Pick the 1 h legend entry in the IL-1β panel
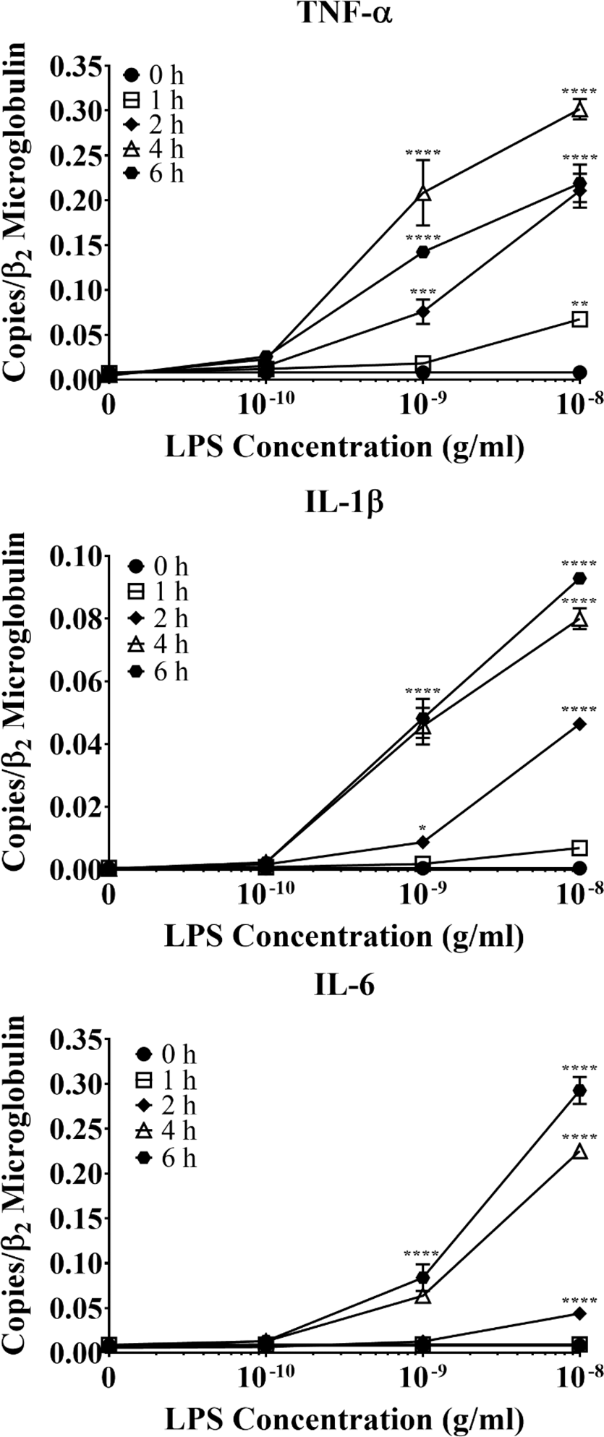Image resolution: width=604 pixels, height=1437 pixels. coord(157,593)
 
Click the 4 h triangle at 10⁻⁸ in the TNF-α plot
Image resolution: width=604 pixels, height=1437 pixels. coord(579,110)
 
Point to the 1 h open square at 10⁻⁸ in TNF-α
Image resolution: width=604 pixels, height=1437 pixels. coord(579,319)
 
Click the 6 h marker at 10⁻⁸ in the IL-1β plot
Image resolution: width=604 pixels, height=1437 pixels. coord(579,578)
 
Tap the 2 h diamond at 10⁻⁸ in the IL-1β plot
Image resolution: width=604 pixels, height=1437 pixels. coord(579,724)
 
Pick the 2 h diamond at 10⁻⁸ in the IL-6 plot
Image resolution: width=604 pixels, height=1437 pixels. coord(579,1313)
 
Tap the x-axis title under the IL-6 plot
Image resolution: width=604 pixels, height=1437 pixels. coord(343,1417)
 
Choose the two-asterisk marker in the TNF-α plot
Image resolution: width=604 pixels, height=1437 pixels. coord(579,303)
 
